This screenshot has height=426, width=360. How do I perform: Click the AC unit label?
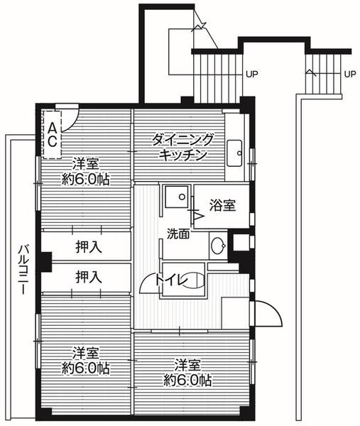[x=53, y=133]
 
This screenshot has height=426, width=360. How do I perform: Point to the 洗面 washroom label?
[x=178, y=233]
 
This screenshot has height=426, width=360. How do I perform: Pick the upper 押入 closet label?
[x=88, y=247]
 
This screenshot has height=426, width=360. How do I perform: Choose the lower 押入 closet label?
[x=88, y=276]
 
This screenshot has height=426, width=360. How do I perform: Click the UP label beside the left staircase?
[x=251, y=73]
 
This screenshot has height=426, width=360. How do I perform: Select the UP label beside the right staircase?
[x=349, y=73]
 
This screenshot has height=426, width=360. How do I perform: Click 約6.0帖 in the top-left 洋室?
[x=85, y=179]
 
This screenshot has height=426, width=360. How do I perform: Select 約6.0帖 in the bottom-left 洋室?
[x=85, y=368]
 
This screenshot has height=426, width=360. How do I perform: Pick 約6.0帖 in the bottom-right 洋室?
[x=187, y=380]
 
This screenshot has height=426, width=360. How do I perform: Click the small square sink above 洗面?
[x=175, y=196]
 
